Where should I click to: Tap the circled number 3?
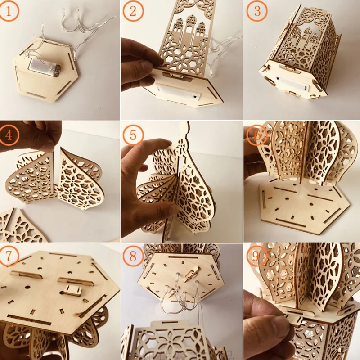point(256,12)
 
